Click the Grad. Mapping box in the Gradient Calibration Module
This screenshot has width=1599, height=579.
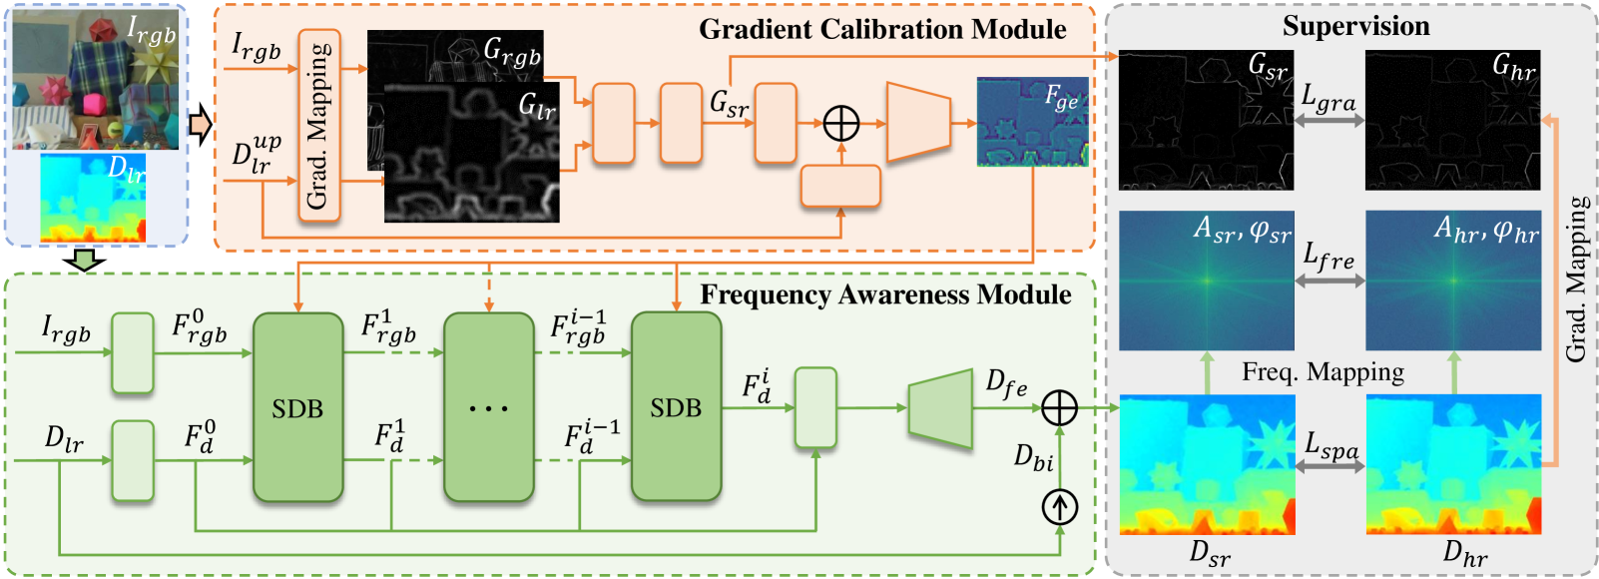[x=318, y=126]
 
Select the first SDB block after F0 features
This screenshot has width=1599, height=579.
[x=297, y=407]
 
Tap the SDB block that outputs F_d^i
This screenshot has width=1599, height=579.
[x=676, y=407]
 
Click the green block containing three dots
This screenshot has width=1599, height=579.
[x=488, y=407]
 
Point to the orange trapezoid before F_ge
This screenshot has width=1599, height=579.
[x=917, y=123]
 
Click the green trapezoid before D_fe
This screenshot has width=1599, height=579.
[x=940, y=408]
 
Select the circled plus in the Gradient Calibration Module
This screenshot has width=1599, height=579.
[x=841, y=124]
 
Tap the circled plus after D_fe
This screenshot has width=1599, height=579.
[x=1060, y=407]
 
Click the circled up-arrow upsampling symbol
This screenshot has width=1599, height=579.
[x=1060, y=508]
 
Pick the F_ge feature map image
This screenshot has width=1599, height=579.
[x=1032, y=122]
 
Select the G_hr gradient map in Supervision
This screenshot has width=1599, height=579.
[x=1452, y=120]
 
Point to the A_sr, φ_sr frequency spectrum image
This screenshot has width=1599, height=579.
[x=1206, y=281]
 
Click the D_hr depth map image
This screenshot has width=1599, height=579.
[x=1453, y=464]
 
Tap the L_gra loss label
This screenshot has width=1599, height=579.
[x=1329, y=98]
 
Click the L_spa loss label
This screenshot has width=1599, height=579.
[x=1332, y=445]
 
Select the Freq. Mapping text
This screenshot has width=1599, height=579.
[x=1323, y=372]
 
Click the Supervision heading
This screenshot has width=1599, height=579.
[x=1355, y=26]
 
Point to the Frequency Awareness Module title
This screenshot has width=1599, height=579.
[x=885, y=294]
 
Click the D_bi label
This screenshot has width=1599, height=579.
[x=1034, y=457]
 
